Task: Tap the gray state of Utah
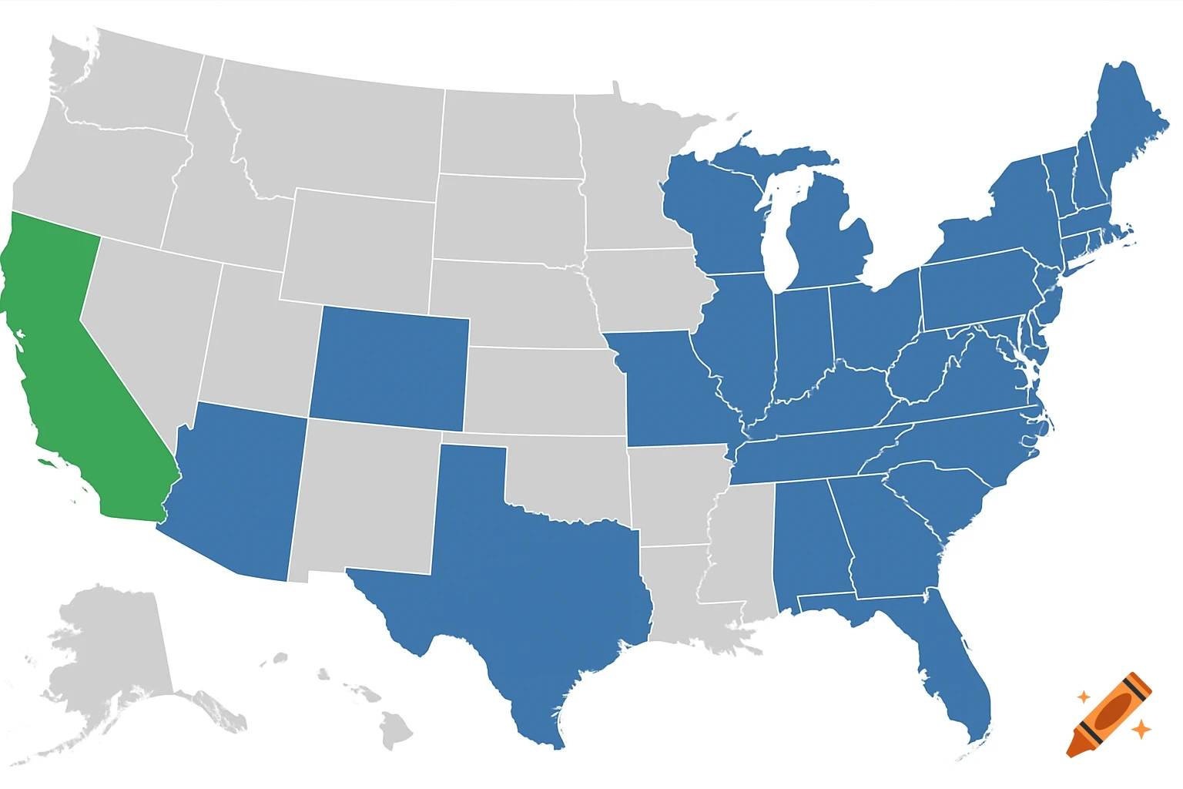[254, 339]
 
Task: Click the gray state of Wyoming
[358, 247]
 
